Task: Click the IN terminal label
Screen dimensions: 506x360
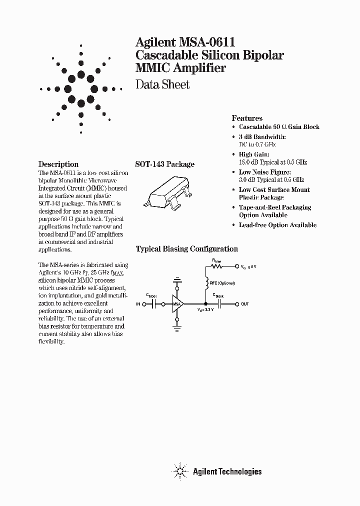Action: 139,304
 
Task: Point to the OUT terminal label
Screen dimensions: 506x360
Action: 245,304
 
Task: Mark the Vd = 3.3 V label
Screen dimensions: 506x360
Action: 204,310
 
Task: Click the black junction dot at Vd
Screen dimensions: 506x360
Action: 205,303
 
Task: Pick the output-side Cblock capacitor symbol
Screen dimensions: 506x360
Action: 219,303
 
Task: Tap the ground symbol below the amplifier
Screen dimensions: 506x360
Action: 177,328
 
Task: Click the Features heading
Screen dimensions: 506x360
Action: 247,118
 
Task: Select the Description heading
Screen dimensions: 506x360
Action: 58,164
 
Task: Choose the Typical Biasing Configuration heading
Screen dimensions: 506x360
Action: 187,249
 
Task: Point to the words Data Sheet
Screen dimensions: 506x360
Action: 163,84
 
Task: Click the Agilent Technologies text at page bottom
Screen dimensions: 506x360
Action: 227,471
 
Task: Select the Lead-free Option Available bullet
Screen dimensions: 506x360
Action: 277,225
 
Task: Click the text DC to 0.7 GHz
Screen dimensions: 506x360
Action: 257,144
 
